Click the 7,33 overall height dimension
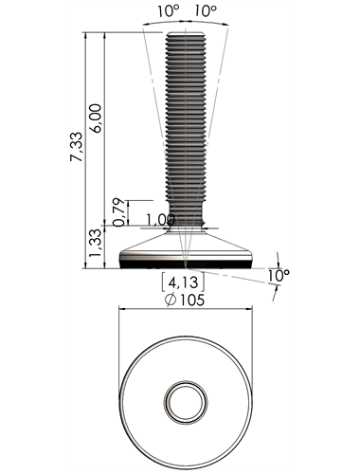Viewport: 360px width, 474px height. (77, 147)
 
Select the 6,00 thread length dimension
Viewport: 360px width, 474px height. (96, 118)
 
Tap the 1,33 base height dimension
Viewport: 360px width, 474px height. (95, 244)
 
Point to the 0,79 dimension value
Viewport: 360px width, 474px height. (118, 212)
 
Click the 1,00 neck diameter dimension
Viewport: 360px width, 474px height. (161, 220)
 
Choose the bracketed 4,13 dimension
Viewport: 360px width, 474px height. (183, 283)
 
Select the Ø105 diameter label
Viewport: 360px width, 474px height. (185, 300)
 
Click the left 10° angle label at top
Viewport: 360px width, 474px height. (169, 11)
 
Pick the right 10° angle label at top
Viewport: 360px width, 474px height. (206, 11)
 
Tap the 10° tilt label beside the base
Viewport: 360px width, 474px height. (279, 275)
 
